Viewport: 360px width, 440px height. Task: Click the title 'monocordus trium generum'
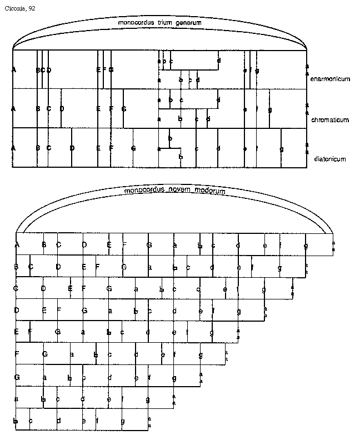point(159,23)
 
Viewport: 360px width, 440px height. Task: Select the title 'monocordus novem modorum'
point(175,191)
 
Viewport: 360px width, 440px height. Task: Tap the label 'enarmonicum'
point(331,79)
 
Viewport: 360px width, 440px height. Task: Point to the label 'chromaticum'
point(330,119)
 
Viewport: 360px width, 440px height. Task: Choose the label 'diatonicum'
point(330,159)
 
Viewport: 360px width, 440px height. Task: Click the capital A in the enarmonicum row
point(13,69)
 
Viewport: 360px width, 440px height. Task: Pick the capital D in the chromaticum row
point(62,109)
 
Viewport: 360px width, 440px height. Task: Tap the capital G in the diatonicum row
point(133,148)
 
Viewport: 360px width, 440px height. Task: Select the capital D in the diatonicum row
point(72,148)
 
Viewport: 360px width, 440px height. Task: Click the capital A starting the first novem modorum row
point(18,244)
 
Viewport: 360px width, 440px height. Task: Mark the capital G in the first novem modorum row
point(149,244)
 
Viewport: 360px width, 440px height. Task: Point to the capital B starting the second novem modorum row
point(17,267)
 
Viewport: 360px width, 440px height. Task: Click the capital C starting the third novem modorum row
point(17,288)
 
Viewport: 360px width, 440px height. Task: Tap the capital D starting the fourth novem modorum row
point(17,310)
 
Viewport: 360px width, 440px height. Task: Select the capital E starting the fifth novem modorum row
point(17,332)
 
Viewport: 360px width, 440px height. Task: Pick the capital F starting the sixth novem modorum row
point(17,354)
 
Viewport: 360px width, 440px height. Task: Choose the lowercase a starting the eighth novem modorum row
point(17,399)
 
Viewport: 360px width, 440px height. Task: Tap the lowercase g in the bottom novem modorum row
point(123,421)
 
